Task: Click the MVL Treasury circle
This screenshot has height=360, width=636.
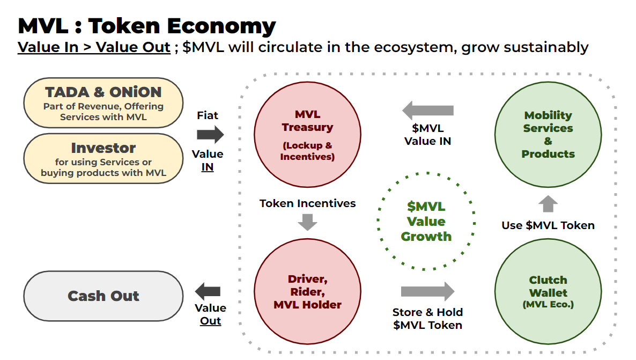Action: [307, 135]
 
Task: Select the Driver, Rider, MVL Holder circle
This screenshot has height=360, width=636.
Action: [307, 292]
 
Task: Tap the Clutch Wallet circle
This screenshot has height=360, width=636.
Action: [548, 292]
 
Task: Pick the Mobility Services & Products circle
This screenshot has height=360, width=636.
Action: [548, 135]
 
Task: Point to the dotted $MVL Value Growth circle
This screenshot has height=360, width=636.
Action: [426, 221]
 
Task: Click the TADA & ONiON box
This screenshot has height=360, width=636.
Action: [103, 102]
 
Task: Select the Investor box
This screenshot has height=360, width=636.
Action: [103, 159]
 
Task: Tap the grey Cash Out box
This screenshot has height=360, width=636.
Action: [103, 296]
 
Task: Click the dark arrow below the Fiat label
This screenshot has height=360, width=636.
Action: [210, 134]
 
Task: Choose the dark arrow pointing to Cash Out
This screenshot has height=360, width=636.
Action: [208, 292]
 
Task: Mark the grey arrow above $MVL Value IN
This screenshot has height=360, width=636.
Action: [428, 111]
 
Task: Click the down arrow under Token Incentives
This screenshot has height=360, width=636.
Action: [307, 221]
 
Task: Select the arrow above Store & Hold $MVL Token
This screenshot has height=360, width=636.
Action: [427, 292]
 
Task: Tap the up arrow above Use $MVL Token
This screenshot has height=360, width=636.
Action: [548, 204]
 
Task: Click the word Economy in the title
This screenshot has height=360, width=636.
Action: [223, 26]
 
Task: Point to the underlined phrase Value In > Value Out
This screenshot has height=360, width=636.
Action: [94, 47]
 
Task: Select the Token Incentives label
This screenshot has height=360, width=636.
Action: [307, 203]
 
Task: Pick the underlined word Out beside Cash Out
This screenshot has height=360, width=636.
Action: [210, 321]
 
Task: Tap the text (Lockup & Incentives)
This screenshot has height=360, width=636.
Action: [307, 151]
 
